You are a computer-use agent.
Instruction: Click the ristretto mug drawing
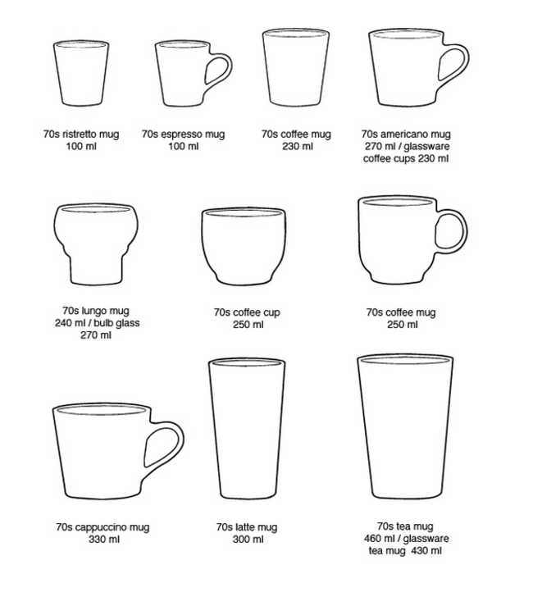(81, 73)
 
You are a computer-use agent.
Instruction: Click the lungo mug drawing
(96, 244)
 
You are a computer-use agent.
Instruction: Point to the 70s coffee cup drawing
(244, 246)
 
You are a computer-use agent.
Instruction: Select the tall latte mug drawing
(247, 428)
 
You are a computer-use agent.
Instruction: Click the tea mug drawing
(405, 426)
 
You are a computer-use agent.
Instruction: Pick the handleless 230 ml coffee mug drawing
(296, 67)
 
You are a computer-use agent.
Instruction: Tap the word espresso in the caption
(180, 134)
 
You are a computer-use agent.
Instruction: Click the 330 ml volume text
(104, 540)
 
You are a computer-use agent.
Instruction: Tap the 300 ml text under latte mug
(248, 540)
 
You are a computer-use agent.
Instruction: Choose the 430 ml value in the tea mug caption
(426, 551)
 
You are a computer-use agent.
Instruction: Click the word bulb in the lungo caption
(102, 323)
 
